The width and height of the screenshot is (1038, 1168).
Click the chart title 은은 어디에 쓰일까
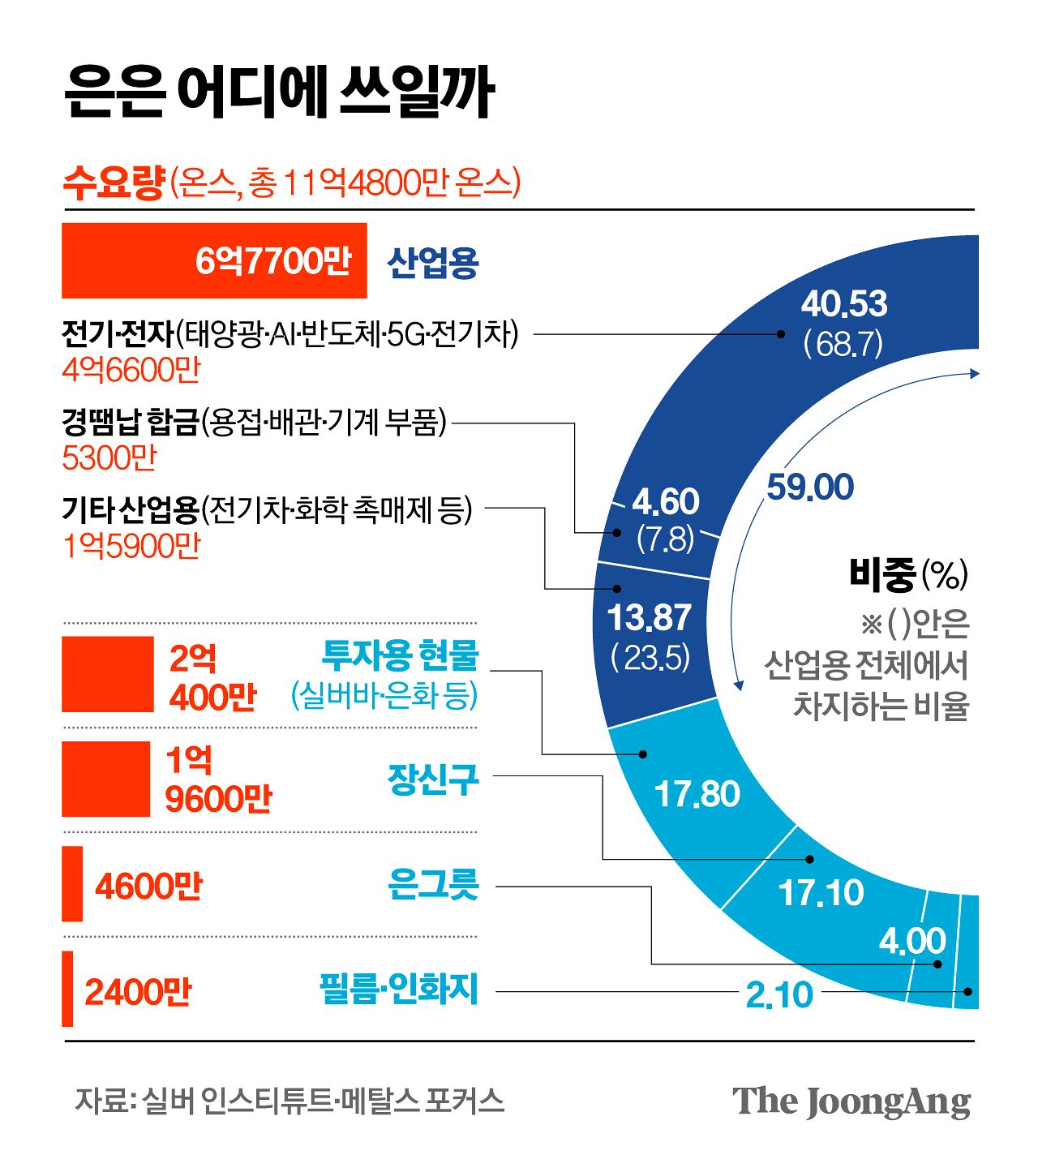tap(279, 91)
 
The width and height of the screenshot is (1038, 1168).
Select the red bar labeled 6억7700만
tap(214, 261)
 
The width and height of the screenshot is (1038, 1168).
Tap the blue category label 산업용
tap(433, 263)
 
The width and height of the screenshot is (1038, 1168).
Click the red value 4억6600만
tap(131, 371)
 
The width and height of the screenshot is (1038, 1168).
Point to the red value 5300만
tap(109, 458)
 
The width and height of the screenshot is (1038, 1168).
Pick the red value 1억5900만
tap(131, 547)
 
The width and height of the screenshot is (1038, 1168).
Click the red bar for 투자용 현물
tap(108, 674)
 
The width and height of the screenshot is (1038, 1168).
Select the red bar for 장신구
tap(106, 779)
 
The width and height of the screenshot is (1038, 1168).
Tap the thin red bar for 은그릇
tap(72, 883)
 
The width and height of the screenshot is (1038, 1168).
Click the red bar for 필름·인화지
tap(67, 988)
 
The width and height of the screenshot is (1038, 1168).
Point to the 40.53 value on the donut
tap(844, 304)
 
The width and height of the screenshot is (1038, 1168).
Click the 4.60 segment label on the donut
tap(666, 502)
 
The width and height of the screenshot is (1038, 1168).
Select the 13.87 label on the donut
tap(650, 618)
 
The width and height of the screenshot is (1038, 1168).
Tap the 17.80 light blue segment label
tap(697, 794)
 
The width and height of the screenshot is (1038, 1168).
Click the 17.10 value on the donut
tap(821, 893)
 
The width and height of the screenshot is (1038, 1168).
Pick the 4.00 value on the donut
tap(912, 941)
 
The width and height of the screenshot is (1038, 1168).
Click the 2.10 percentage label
tap(778, 994)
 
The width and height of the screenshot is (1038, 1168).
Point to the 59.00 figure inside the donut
tap(810, 487)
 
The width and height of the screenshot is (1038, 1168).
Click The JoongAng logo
tap(851, 1101)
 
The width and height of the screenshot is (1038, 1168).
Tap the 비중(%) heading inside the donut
tap(907, 574)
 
